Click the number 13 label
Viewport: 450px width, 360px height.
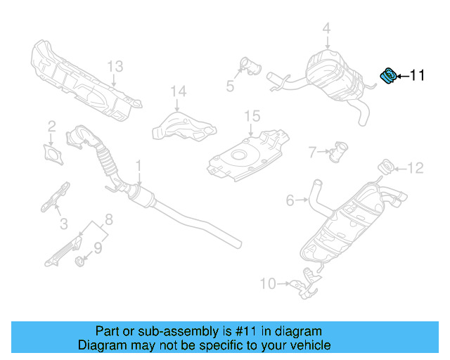pyautogui.click(x=115, y=67)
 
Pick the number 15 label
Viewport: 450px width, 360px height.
pyautogui.click(x=252, y=115)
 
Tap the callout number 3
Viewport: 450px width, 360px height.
pyautogui.click(x=63, y=224)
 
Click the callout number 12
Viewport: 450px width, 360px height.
pyautogui.click(x=416, y=167)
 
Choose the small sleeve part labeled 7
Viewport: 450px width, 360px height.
pyautogui.click(x=340, y=151)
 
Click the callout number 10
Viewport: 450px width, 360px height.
pyautogui.click(x=268, y=284)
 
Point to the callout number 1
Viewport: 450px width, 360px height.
pyautogui.click(x=139, y=166)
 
